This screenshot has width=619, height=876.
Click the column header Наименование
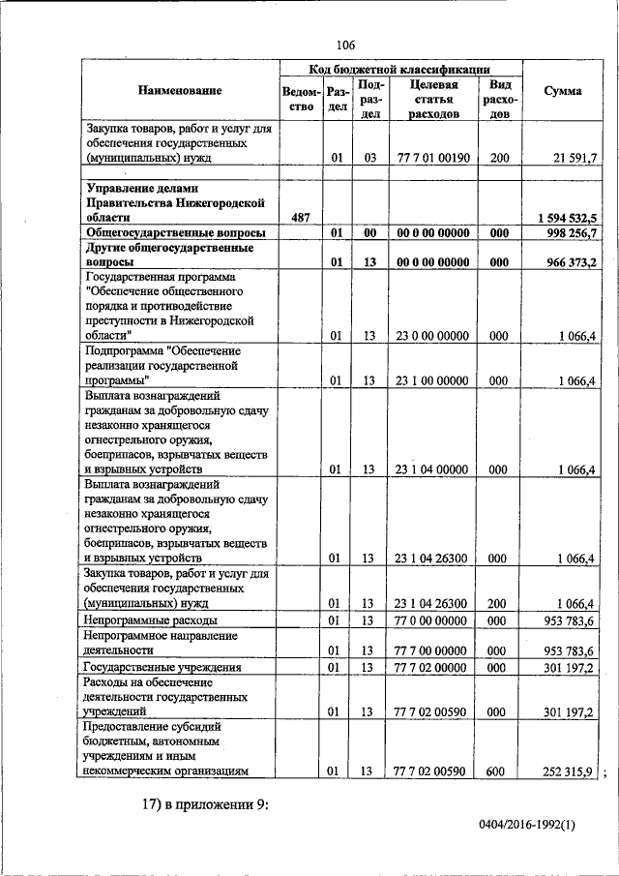click(x=180, y=90)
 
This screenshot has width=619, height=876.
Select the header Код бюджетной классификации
click(x=399, y=69)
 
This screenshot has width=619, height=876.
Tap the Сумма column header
click(x=563, y=91)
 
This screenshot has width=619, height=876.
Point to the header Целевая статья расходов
click(x=433, y=100)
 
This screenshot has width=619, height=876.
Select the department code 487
click(x=300, y=219)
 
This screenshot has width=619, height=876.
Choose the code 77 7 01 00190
click(x=433, y=157)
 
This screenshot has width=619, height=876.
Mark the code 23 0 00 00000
click(x=433, y=336)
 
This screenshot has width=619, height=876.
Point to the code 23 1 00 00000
click(x=433, y=380)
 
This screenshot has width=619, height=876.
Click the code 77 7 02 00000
click(x=433, y=667)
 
